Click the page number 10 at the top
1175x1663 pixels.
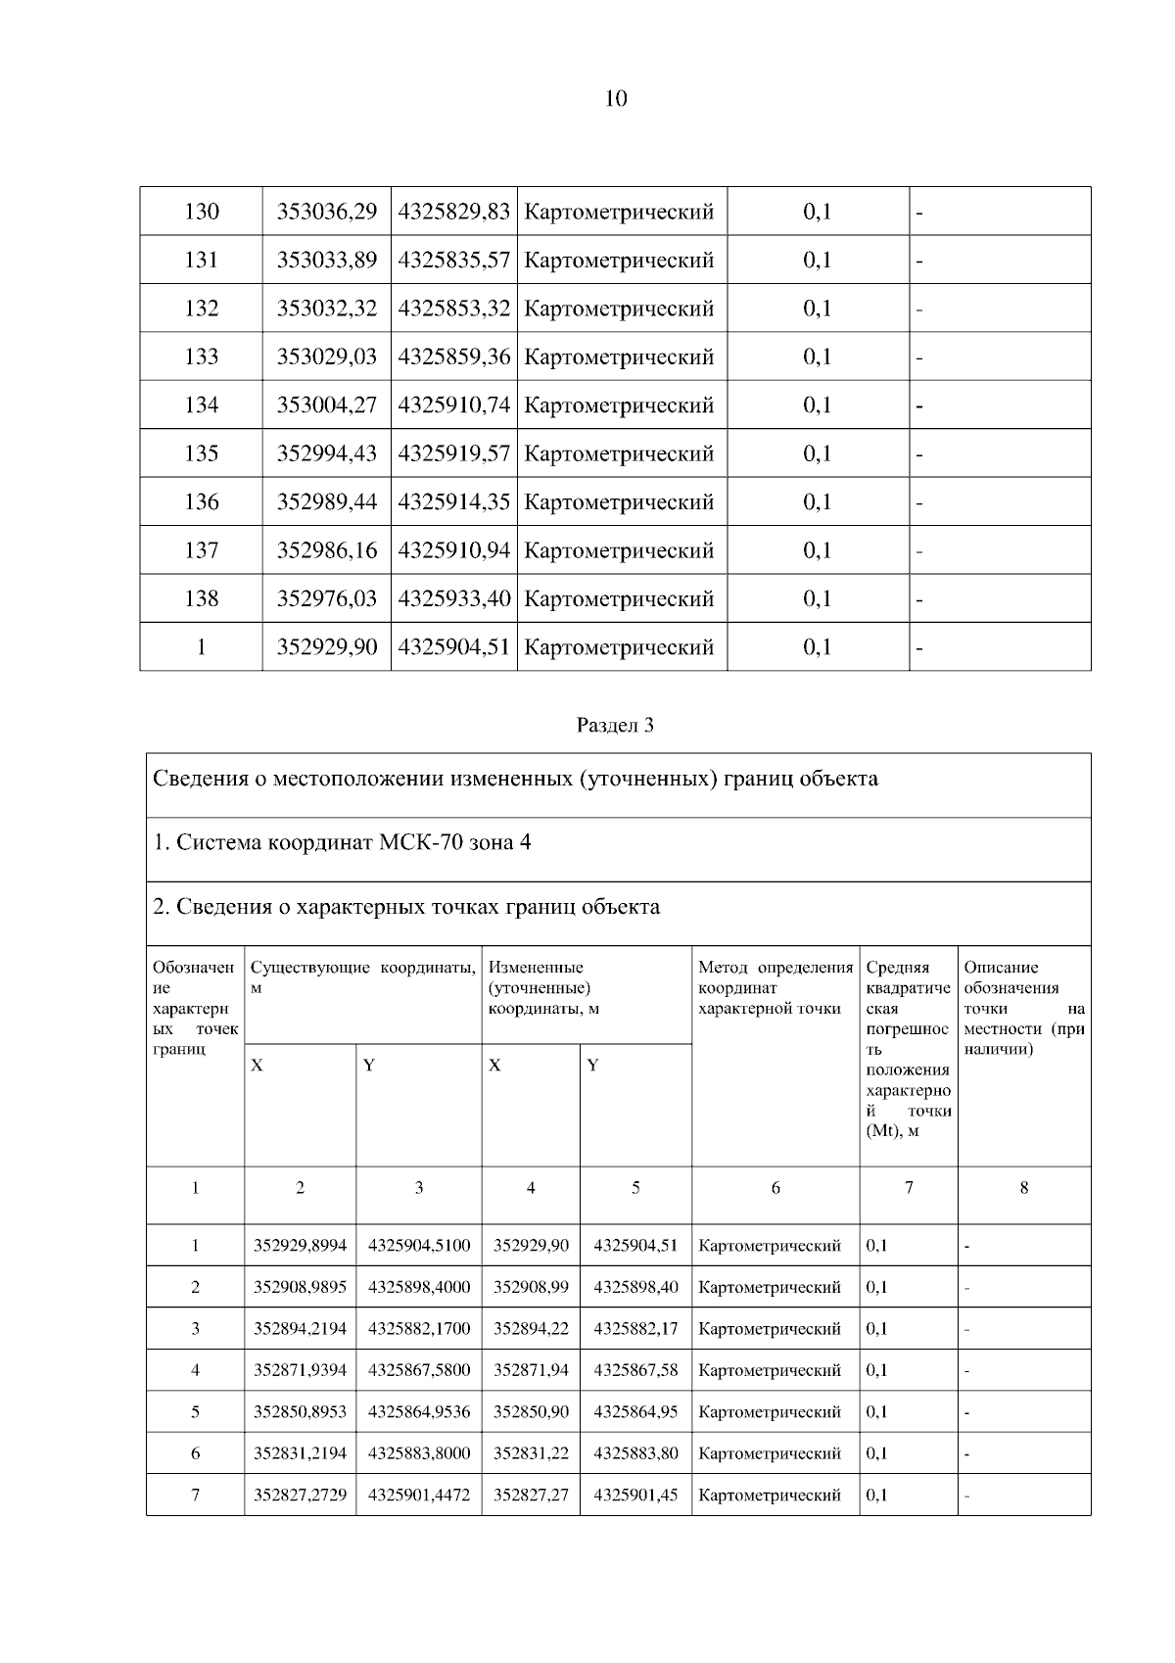616,99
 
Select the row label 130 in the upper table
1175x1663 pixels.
202,212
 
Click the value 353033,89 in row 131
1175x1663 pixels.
327,261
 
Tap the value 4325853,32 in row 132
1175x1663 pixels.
454,309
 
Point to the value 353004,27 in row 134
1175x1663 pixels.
327,405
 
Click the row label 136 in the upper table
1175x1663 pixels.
202,502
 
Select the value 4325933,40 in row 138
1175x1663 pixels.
454,598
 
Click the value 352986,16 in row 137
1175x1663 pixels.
327,550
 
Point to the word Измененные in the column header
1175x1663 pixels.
536,968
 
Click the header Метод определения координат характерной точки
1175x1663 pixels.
775,987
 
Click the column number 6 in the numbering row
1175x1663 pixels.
775,1188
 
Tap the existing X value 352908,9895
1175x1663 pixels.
300,1287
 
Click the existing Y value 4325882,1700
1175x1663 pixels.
419,1329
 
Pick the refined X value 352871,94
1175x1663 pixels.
531,1370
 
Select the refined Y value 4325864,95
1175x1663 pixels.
635,1412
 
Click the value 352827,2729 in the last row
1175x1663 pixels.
300,1496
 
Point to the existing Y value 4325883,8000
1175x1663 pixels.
419,1453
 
